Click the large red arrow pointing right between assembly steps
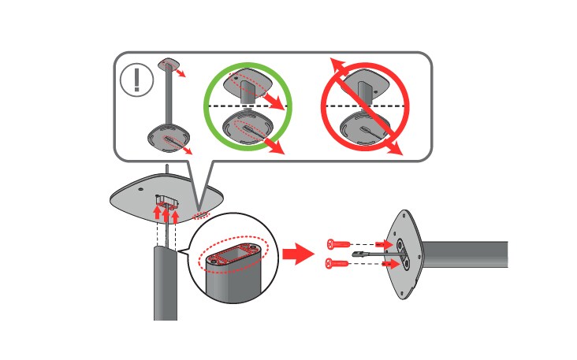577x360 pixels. click(x=299, y=254)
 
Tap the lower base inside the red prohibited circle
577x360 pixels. click(x=363, y=126)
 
